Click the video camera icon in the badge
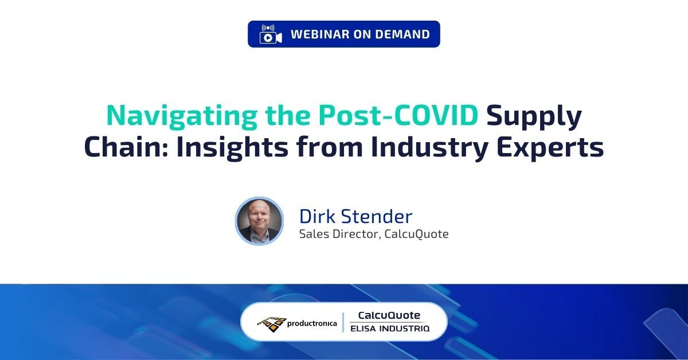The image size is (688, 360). tap(271, 34)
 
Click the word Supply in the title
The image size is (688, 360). tap(534, 116)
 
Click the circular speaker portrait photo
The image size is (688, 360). tap(259, 221)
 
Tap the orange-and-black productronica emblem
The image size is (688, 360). tap(271, 323)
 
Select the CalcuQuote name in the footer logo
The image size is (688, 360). tap(389, 315)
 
